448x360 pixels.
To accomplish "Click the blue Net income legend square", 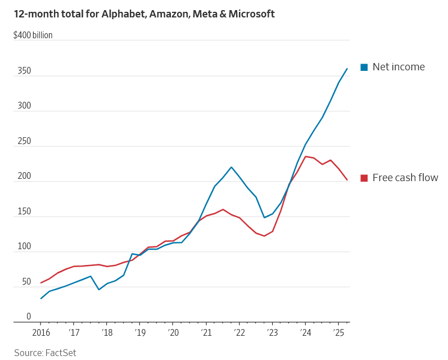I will click(364, 67).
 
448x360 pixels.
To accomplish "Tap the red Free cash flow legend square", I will click(364, 178).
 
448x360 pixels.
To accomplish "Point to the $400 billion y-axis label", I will click(33, 35).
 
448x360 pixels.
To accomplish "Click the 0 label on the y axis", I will click(29, 317).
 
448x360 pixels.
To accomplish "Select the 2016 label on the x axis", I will click(41, 332).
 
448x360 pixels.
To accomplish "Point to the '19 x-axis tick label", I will click(139, 332).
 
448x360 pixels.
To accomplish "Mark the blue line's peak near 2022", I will click(232, 167).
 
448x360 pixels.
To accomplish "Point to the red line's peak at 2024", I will click(305, 156).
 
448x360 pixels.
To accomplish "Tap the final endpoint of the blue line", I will click(347, 69).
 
